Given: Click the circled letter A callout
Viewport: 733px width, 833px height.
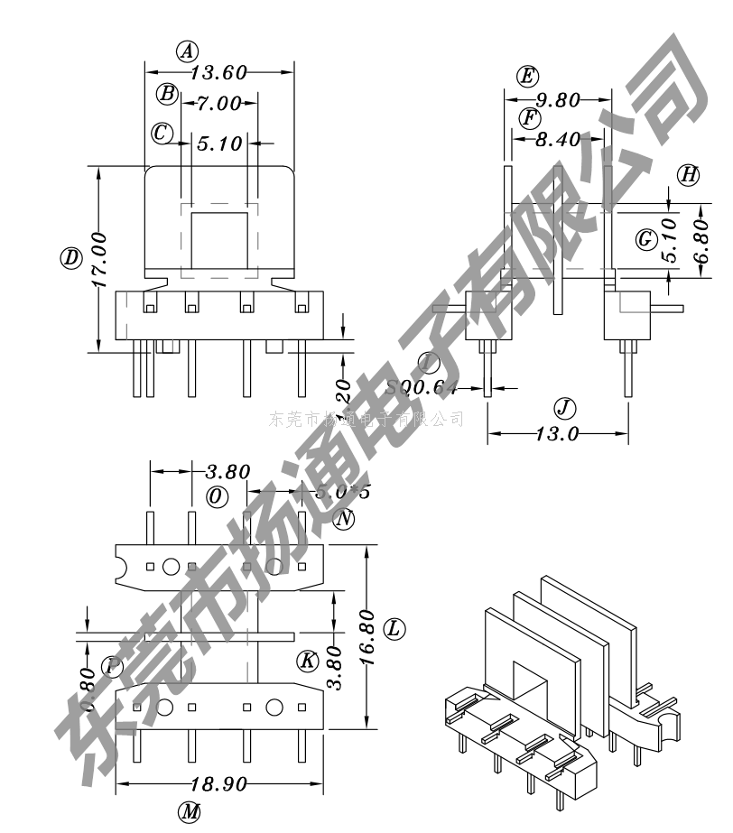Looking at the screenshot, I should pos(186,51).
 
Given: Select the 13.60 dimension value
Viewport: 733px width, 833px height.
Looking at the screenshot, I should pos(217,72).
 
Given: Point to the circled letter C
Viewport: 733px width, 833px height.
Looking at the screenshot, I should pos(162,134).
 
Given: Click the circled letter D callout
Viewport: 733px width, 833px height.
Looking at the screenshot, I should pos(70,258).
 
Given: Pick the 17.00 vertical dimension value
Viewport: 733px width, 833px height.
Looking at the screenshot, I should pos(98,259).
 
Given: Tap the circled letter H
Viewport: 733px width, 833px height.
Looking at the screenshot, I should pos(689,175).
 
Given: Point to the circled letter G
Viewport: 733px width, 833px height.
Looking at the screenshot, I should pos(645,239).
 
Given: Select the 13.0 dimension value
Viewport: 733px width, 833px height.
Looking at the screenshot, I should pos(557,434).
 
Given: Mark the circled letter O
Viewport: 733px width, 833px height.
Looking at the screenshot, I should pos(217,496).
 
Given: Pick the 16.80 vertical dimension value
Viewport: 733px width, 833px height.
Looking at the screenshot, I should pos(366,637).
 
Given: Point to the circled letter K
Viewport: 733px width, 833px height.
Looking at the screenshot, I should pos(308,662).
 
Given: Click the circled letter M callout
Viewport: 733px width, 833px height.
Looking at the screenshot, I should pos(188,811).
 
